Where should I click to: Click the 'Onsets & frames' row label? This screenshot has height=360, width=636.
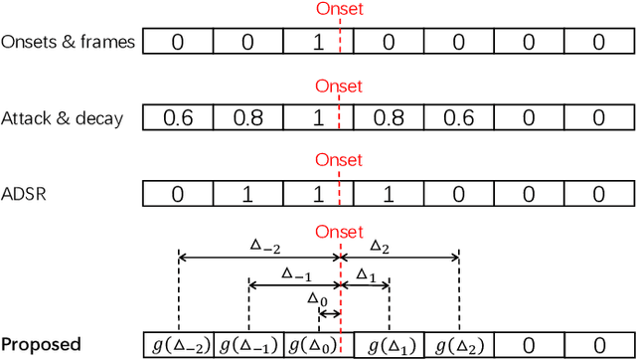coord(70,42)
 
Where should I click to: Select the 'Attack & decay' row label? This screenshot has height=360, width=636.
coord(64,118)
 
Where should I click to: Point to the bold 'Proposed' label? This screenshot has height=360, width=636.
coord(41,345)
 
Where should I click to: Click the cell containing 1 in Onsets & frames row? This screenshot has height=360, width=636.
coord(318,42)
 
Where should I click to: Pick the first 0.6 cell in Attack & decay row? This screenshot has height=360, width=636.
coord(178,117)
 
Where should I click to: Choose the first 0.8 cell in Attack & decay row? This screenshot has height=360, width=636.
coord(247,117)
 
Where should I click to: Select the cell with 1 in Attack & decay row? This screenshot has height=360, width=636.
coord(318,117)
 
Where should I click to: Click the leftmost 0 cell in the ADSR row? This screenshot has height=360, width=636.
coord(178,193)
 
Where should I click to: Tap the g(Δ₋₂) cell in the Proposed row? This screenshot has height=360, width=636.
coord(179,345)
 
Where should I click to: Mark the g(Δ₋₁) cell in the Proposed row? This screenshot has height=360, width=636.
coord(248,345)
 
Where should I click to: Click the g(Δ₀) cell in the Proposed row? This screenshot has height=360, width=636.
coord(312,345)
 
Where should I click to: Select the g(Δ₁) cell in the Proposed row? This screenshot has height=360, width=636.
coord(390,345)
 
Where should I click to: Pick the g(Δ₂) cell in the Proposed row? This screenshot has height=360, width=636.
coord(459,345)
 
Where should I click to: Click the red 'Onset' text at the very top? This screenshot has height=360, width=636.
coord(339,9)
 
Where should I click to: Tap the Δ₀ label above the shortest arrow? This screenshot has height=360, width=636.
coord(317,298)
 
